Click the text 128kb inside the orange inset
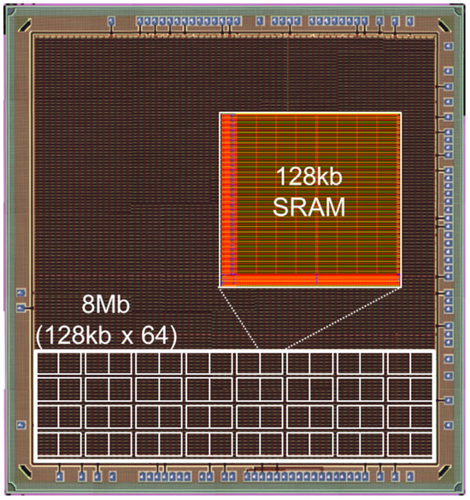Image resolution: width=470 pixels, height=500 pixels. [x=309, y=177]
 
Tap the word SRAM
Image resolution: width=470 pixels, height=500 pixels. [x=309, y=207]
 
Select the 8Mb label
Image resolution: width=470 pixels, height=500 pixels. [x=106, y=305]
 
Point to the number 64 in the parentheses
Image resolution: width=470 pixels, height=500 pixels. [x=155, y=335]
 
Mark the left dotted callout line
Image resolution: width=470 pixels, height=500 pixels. [x=239, y=317]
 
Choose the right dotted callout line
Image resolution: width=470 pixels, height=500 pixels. [x=344, y=317]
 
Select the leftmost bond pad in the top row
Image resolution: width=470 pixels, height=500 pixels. [x=111, y=21]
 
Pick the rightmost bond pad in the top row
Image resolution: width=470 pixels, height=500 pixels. [x=409, y=21]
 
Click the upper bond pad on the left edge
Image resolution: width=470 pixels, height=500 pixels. [x=21, y=293]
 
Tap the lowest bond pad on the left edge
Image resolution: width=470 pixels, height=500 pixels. [x=21, y=425]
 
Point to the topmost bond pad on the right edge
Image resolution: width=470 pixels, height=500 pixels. [x=449, y=45]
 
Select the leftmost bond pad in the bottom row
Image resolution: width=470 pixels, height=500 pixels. [x=59, y=477]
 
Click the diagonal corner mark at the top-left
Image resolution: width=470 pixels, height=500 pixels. [x=25, y=26]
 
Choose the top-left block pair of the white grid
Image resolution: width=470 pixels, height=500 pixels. [x=59, y=363]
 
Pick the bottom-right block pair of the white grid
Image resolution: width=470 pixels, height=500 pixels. [x=409, y=444]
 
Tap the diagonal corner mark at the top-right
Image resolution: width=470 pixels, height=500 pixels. [x=444, y=26]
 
